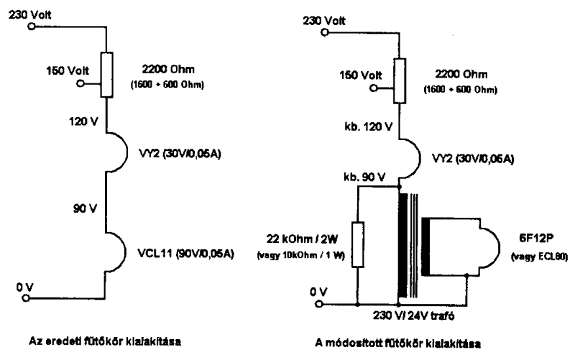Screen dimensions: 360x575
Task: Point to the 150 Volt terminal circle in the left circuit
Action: click(x=80, y=83)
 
